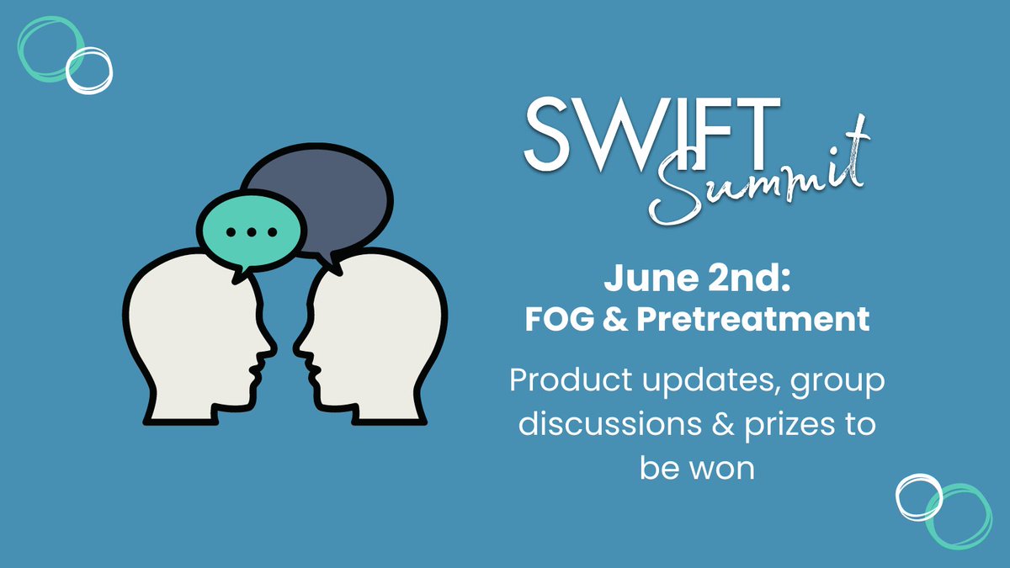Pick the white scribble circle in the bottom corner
coord(919,496)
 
